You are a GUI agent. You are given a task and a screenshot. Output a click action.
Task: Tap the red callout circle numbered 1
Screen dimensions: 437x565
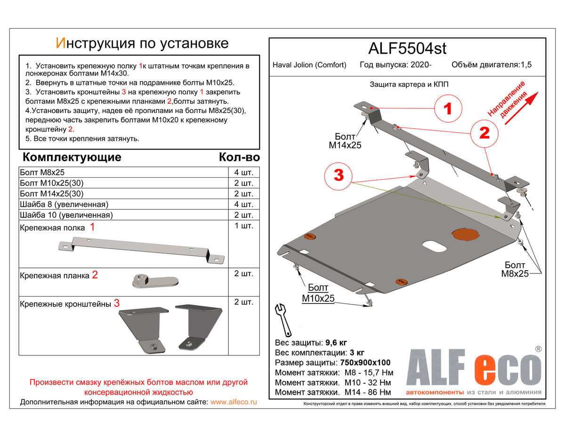coord(448,109)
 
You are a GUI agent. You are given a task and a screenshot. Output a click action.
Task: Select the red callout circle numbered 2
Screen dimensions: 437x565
coord(484,133)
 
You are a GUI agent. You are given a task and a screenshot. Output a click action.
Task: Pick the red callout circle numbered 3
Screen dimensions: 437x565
coord(339,175)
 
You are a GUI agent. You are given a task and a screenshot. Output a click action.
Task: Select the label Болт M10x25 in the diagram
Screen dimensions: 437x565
coord(318,293)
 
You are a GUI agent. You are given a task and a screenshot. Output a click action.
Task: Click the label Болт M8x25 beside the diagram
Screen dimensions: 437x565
coord(515,269)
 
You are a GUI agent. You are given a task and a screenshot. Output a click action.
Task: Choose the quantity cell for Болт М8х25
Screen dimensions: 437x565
coord(243,173)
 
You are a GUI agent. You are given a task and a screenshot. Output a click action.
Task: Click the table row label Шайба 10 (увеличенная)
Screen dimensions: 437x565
coord(66,215)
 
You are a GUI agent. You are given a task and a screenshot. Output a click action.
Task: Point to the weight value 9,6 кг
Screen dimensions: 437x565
coord(336,343)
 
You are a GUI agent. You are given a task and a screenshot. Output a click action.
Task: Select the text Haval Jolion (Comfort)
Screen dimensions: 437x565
coord(309,65)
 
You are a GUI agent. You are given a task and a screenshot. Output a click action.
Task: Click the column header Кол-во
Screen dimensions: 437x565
coord(239,157)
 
